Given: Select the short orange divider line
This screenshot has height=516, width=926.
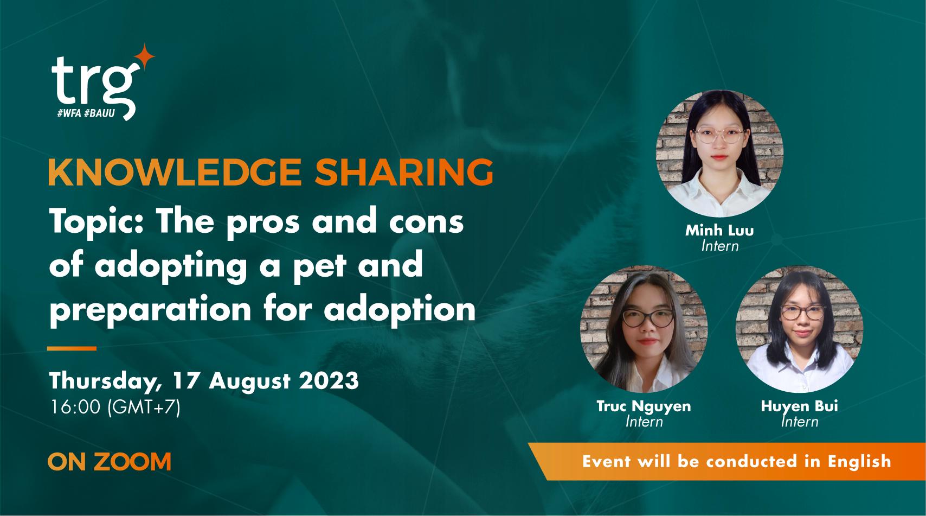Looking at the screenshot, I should coord(72,348).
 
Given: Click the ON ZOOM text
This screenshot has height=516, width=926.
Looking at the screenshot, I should coord(109,462).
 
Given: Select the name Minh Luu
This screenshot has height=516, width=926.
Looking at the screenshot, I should coord(719,231).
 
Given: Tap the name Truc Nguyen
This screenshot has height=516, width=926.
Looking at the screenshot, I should coord(644,406).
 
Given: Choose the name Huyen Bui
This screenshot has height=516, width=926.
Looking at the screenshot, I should coord(799,406).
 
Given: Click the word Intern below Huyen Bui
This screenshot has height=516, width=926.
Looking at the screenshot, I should coord(799,421).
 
